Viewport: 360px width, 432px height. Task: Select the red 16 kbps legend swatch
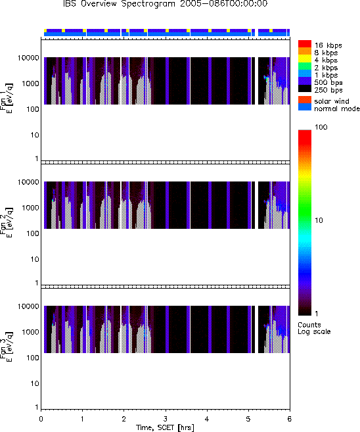305,43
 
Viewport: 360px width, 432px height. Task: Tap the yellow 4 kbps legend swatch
305,59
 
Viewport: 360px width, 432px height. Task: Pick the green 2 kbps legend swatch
305,66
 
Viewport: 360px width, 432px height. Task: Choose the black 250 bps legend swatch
305,89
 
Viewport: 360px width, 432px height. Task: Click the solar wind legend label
332,101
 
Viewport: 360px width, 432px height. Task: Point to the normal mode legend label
337,109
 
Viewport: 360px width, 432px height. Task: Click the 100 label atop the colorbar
321,127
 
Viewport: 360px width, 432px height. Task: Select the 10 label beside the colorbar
319,220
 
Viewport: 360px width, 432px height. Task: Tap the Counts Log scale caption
314,328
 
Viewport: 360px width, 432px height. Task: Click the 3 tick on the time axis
165,419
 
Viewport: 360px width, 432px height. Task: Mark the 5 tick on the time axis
248,419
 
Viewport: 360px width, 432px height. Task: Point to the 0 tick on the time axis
41,419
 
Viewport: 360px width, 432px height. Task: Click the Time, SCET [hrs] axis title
165,427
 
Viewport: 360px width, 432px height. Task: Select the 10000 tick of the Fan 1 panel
28,58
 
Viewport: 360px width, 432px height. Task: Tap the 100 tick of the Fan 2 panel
33,233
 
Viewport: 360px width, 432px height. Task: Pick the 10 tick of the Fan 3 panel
35,383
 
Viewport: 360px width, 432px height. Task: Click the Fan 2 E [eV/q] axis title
7,223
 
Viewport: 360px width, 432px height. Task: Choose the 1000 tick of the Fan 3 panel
31,332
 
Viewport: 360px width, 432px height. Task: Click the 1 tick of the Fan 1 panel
37,158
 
